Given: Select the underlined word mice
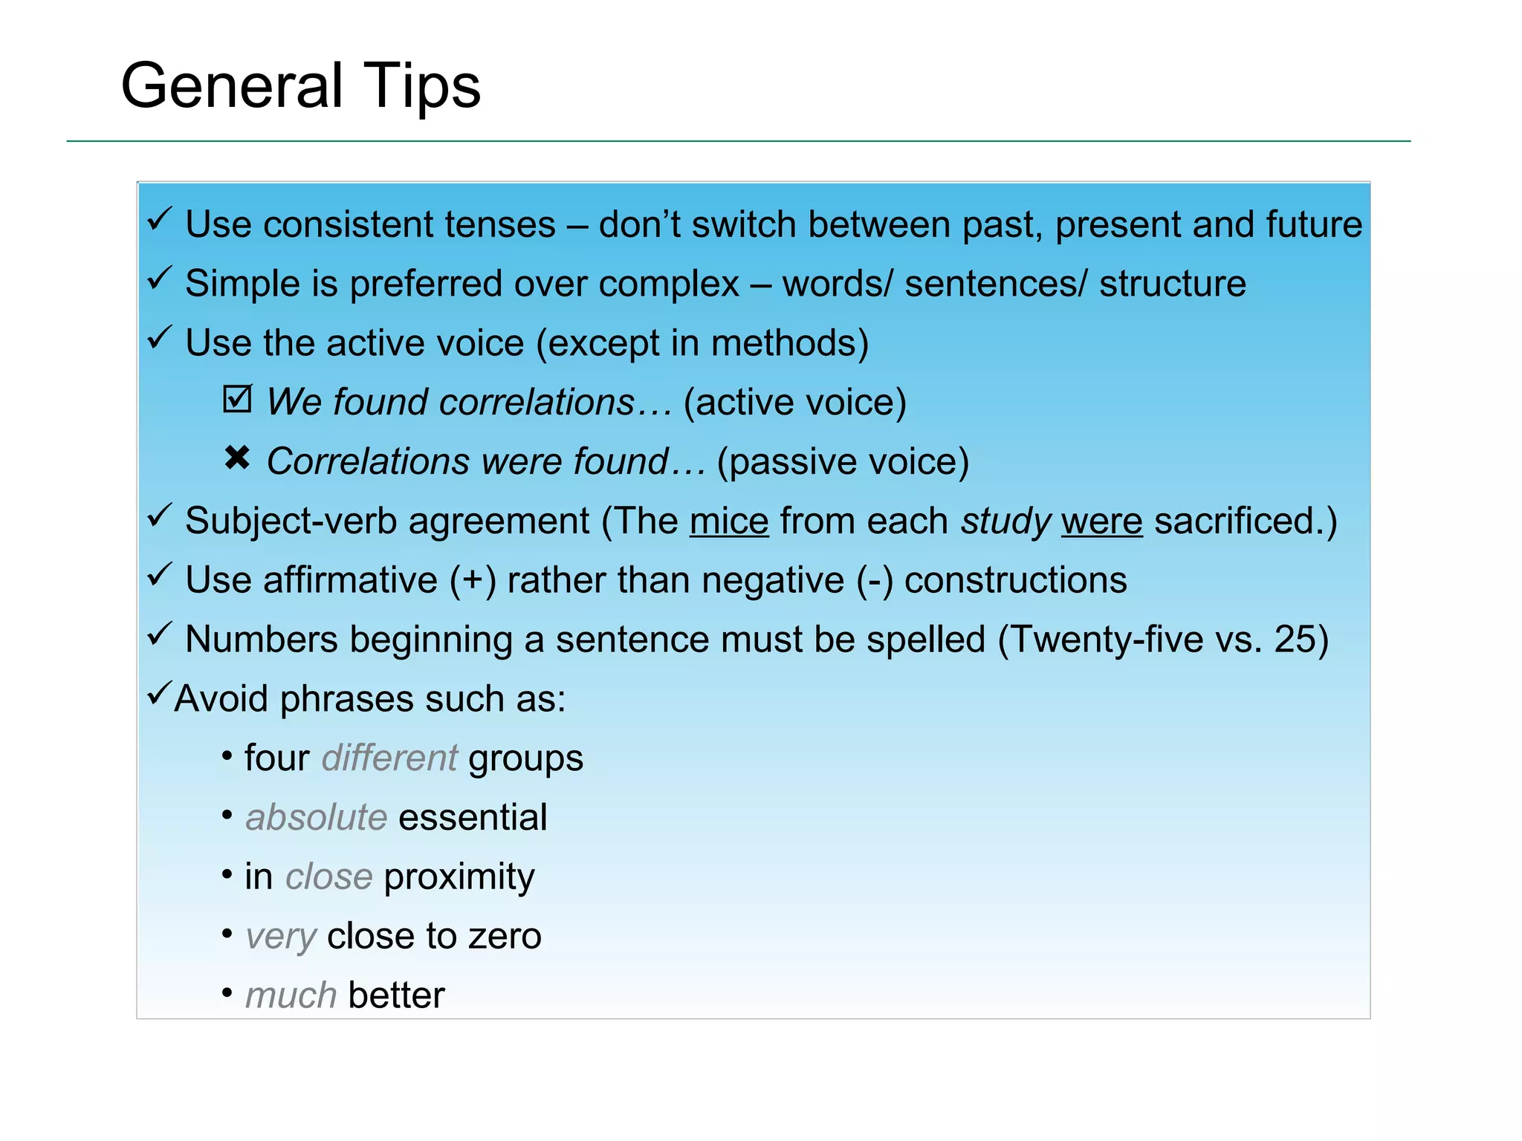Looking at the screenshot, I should pyautogui.click(x=728, y=521).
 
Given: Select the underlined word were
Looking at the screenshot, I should pyautogui.click(x=1101, y=521).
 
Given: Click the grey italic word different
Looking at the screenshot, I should pyautogui.click(x=389, y=758).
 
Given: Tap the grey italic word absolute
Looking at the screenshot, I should pyautogui.click(x=317, y=818).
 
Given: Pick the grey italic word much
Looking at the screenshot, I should pyautogui.click(x=291, y=995).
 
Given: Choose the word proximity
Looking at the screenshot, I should pyautogui.click(x=459, y=877).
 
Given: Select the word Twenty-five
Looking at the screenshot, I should pyautogui.click(x=1107, y=640).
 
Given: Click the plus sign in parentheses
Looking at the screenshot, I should pyautogui.click(x=473, y=581).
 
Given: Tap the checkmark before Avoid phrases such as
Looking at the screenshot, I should pyautogui.click(x=159, y=694).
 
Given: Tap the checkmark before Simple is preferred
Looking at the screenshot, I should pyautogui.click(x=159, y=279).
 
